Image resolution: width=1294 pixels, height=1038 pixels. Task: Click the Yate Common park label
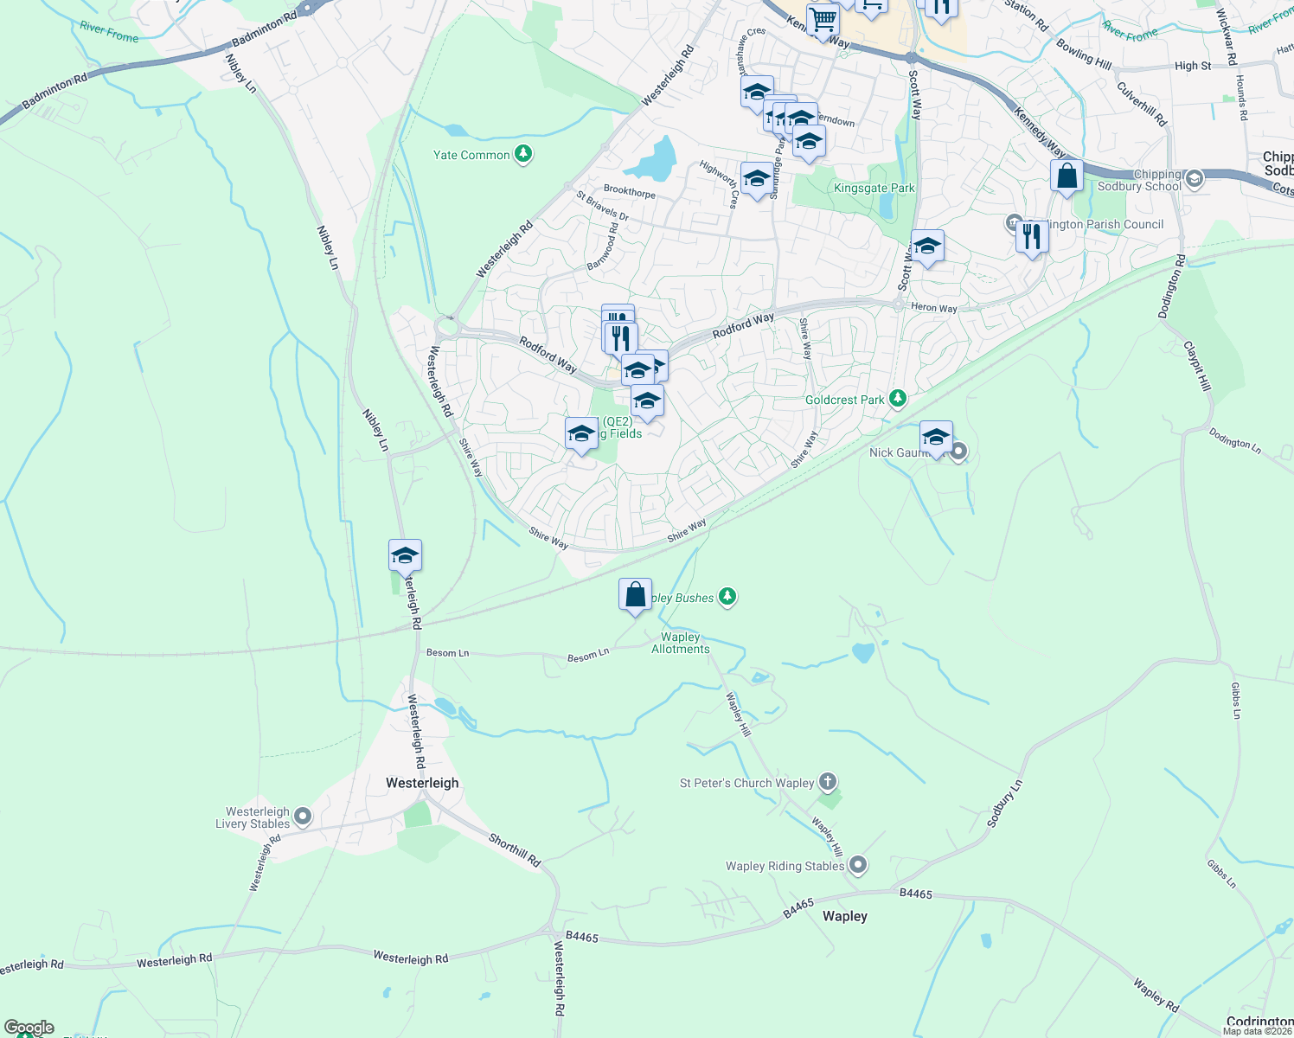pyautogui.click(x=471, y=156)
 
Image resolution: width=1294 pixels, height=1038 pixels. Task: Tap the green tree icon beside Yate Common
pyautogui.click(x=522, y=155)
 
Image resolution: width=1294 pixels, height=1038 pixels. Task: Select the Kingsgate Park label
pyautogui.click(x=874, y=188)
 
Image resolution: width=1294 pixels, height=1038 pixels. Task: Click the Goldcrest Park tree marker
pyautogui.click(x=898, y=399)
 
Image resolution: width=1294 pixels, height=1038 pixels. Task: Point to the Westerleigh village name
pyautogui.click(x=422, y=783)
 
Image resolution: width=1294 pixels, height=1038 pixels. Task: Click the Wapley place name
pyautogui.click(x=844, y=916)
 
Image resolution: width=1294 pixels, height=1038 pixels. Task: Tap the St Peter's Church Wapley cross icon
pyautogui.click(x=828, y=783)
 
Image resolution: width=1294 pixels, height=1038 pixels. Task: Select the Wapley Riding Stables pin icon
pyautogui.click(x=857, y=865)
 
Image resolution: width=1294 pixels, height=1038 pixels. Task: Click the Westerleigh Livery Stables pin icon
pyautogui.click(x=303, y=817)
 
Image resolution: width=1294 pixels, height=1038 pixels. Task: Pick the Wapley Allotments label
pyautogui.click(x=681, y=643)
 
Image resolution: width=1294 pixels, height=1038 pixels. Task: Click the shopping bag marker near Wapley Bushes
pyautogui.click(x=635, y=595)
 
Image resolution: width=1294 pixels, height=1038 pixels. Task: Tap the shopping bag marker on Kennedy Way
pyautogui.click(x=1067, y=176)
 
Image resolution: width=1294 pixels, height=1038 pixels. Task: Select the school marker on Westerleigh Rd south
pyautogui.click(x=405, y=556)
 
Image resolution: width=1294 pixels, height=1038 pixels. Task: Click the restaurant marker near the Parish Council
pyautogui.click(x=1031, y=236)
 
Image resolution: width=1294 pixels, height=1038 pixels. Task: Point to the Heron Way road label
pyautogui.click(x=934, y=308)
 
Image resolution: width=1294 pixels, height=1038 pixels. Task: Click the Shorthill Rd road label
pyautogui.click(x=515, y=849)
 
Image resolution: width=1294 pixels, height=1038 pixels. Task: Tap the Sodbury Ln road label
pyautogui.click(x=1005, y=804)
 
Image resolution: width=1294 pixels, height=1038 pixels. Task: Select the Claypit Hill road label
pyautogui.click(x=1198, y=366)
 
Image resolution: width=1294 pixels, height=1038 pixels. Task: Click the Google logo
pyautogui.click(x=29, y=1028)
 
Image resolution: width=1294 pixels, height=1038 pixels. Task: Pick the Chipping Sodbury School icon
pyautogui.click(x=1195, y=179)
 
